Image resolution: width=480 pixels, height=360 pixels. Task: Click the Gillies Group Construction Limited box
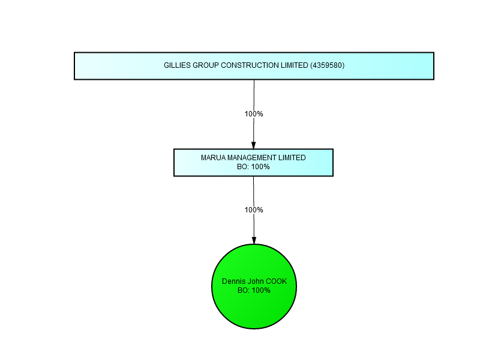(254, 66)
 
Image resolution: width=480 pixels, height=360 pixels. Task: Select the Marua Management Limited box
(253, 163)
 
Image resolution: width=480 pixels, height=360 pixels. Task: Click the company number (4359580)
(327, 65)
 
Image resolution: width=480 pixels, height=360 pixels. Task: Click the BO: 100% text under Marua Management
(253, 167)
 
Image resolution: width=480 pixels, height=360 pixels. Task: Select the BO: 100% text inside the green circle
(254, 290)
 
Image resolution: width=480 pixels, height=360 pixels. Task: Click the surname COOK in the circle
(276, 281)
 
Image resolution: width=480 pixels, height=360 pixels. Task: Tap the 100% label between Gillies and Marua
(254, 114)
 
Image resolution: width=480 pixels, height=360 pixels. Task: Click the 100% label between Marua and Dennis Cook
(254, 209)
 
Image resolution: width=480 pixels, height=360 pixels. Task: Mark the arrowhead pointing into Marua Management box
(253, 145)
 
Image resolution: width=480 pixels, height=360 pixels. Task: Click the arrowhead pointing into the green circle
(254, 241)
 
